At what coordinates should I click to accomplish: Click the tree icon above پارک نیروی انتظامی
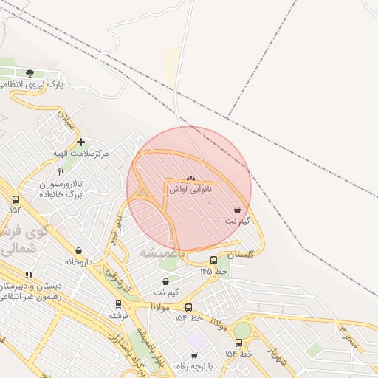tap(30, 72)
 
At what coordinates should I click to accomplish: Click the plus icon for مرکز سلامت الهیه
tap(80, 142)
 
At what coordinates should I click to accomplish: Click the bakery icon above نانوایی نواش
tap(190, 178)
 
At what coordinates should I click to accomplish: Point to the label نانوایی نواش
tap(190, 190)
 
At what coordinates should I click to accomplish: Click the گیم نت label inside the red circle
tap(237, 221)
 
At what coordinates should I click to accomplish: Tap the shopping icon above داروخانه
tap(79, 250)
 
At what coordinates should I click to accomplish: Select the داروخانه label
tap(79, 261)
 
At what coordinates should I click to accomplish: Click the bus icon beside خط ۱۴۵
tap(213, 260)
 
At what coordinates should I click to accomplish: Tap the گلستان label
tap(245, 253)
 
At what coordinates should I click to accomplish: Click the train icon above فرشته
tap(118, 304)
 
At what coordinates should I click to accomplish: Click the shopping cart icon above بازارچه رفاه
tap(195, 355)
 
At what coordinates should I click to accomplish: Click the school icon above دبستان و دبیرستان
tap(29, 275)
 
